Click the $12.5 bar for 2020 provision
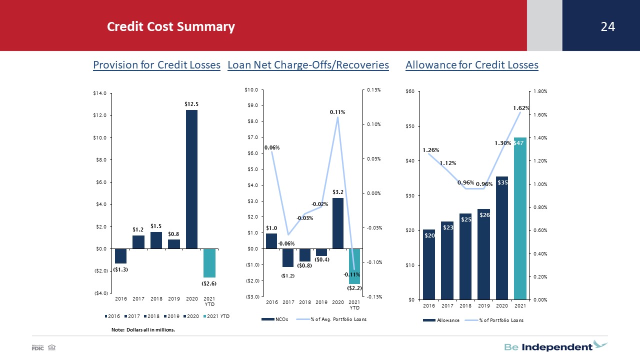pyautogui.click(x=191, y=179)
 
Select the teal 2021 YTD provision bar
pyautogui.click(x=209, y=263)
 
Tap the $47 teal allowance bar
pyautogui.click(x=520, y=218)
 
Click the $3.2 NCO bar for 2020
pyautogui.click(x=337, y=223)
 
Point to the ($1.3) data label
pyautogui.click(x=120, y=269)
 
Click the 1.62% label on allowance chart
pyautogui.click(x=521, y=108)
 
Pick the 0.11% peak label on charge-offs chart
pyautogui.click(x=337, y=112)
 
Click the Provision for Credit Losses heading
pyautogui.click(x=156, y=65)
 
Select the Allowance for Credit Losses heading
pyautogui.click(x=472, y=65)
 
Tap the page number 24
pyautogui.click(x=607, y=26)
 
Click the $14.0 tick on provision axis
pyautogui.click(x=99, y=93)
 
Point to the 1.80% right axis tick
pyautogui.click(x=540, y=91)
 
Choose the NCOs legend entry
pyautogui.click(x=275, y=319)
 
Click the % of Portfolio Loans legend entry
pyautogui.click(x=494, y=320)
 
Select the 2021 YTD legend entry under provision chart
pyautogui.click(x=216, y=316)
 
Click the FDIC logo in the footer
pyautogui.click(x=37, y=347)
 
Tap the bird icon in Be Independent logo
pyautogui.click(x=600, y=344)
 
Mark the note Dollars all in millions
pyautogui.click(x=143, y=329)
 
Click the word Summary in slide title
pyautogui.click(x=205, y=27)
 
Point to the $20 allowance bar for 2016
pyautogui.click(x=429, y=264)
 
